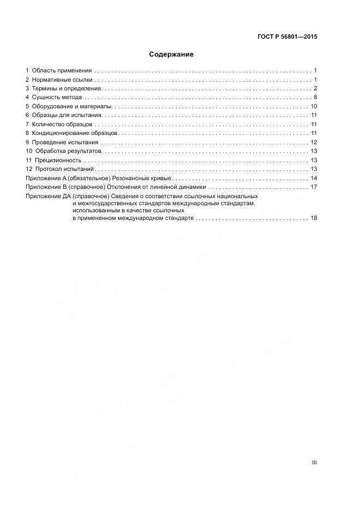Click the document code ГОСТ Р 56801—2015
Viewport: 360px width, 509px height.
click(x=286, y=37)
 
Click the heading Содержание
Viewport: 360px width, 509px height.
click(x=171, y=54)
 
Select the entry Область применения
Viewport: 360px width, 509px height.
click(x=62, y=71)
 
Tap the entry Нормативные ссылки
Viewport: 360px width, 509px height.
click(x=62, y=79)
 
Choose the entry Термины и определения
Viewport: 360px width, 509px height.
click(x=66, y=89)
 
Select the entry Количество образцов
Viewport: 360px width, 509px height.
click(x=64, y=124)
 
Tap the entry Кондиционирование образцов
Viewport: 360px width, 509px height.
click(x=75, y=133)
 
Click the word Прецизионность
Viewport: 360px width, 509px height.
click(x=58, y=160)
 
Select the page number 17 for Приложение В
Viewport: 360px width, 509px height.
click(x=314, y=187)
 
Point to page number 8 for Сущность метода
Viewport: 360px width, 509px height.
click(x=315, y=97)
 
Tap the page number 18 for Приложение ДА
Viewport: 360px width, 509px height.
click(x=314, y=218)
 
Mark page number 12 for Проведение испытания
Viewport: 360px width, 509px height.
click(x=314, y=142)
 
